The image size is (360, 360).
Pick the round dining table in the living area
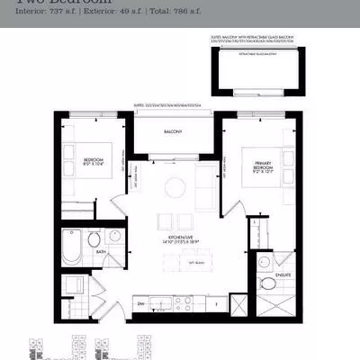(175, 187)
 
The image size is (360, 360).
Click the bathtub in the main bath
(73, 244)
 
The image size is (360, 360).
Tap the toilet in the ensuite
(267, 286)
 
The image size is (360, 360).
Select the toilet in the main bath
(94, 245)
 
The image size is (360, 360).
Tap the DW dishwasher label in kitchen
(142, 304)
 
